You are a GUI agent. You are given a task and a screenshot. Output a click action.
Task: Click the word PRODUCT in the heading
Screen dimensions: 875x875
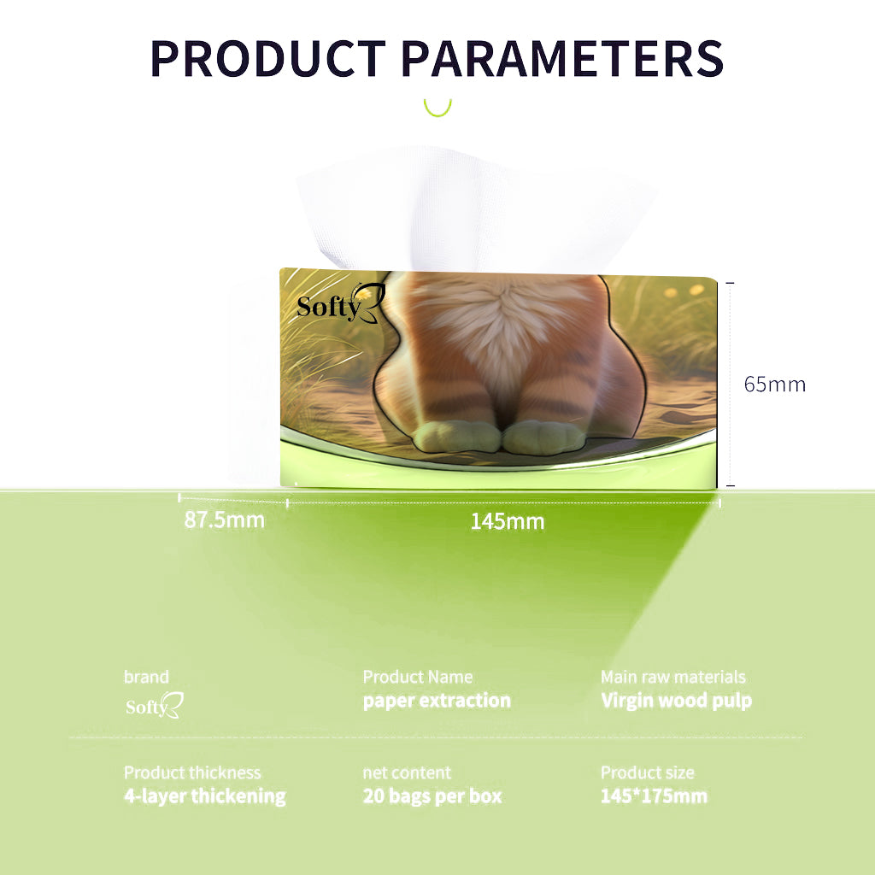click(267, 58)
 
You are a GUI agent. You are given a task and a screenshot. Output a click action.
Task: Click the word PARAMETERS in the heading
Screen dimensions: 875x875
click(562, 58)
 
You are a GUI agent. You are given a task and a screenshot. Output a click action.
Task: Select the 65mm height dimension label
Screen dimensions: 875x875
click(774, 385)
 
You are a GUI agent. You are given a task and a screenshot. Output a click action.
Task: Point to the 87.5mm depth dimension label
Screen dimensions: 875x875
click(225, 520)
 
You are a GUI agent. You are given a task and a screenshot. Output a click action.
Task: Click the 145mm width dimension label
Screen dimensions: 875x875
click(508, 522)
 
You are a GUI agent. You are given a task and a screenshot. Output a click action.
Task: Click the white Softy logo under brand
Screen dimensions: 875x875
click(154, 705)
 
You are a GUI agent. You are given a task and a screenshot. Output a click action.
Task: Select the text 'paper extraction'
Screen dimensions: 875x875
click(437, 701)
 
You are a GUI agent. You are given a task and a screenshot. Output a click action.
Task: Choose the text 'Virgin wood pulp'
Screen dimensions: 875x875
click(677, 701)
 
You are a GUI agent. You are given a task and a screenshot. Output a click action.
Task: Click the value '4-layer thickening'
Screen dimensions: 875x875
click(205, 796)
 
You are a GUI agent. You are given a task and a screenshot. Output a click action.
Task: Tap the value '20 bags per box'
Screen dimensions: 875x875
click(432, 796)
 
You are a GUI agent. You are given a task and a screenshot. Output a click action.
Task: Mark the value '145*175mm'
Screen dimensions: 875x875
click(654, 796)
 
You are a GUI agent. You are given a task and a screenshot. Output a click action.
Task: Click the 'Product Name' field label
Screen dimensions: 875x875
click(418, 677)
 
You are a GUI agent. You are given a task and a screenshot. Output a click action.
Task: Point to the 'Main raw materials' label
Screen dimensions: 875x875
click(673, 677)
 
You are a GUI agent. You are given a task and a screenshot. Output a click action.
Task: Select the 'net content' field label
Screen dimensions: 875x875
click(407, 772)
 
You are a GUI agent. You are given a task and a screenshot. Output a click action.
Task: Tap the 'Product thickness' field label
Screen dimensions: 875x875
click(192, 772)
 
